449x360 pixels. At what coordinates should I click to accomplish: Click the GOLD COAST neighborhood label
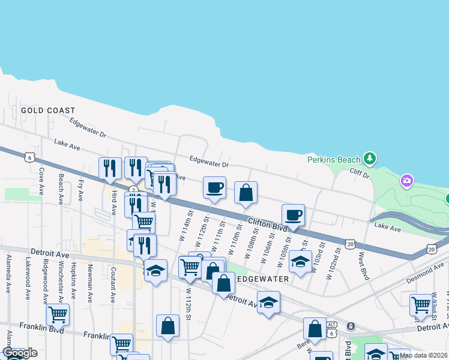coord(48,110)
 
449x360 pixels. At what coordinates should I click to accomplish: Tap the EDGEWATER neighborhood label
coord(264,280)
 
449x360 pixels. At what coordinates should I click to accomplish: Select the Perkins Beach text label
coord(334,160)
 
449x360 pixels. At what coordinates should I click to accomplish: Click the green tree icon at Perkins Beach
coord(370,158)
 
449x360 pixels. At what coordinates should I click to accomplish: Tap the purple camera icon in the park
coord(407,180)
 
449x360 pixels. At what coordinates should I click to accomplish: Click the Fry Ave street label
coord(81,189)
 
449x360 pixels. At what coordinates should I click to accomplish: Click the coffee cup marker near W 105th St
coord(293,215)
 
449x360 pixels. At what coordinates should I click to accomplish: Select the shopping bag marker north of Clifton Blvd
coord(246,193)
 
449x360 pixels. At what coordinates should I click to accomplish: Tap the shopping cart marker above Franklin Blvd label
coord(58,314)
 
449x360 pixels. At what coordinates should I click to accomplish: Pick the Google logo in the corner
coord(20,353)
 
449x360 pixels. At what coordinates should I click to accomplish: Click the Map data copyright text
coord(423,355)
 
